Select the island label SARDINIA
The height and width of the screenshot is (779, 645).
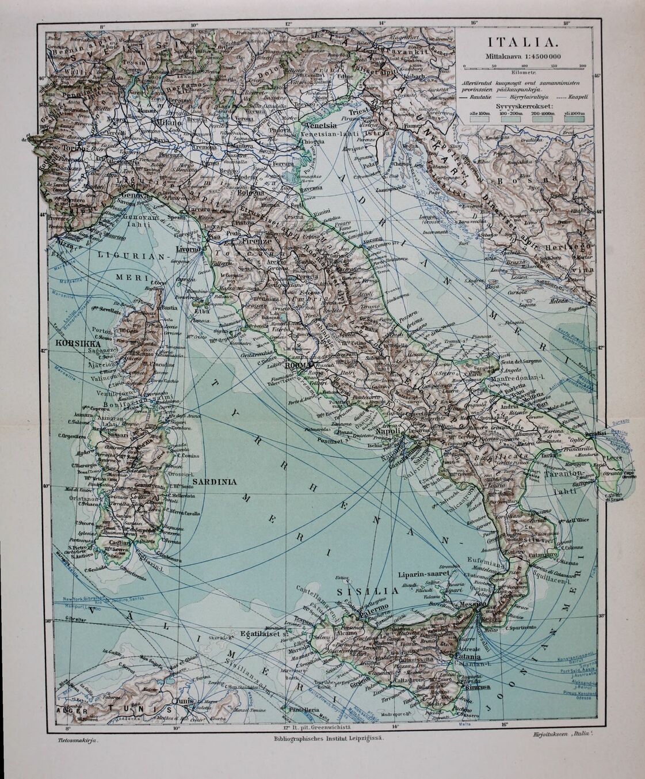[x=215, y=481]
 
